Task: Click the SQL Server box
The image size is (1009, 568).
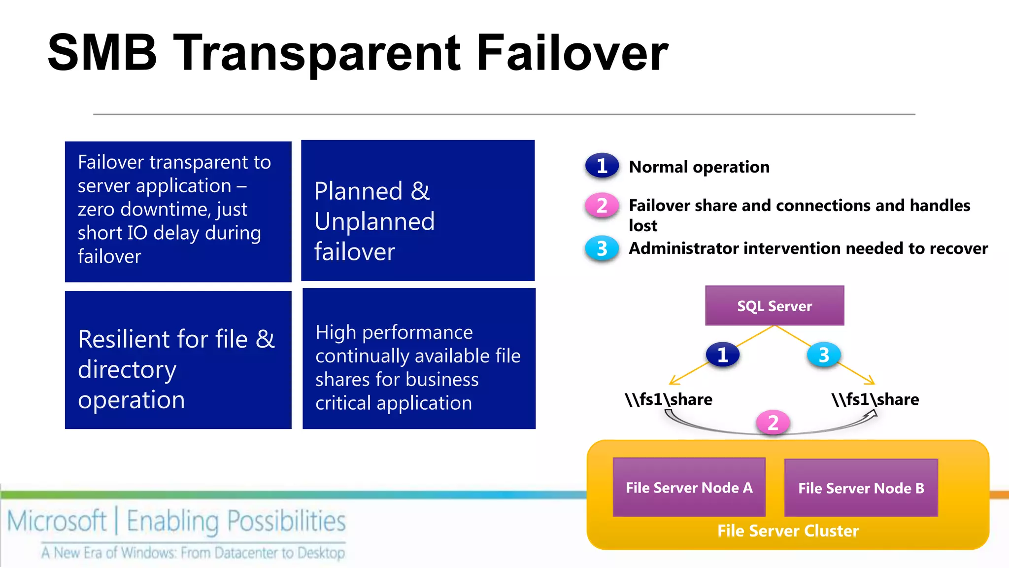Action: click(774, 306)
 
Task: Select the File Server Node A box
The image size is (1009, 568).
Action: click(689, 487)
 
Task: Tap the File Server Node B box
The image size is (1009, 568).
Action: click(861, 488)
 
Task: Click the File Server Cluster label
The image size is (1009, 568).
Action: click(788, 531)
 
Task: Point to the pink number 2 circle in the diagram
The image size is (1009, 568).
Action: click(773, 423)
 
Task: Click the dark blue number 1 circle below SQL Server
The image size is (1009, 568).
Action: click(722, 355)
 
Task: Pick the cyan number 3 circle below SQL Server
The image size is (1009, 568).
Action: click(824, 355)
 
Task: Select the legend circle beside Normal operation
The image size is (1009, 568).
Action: click(602, 166)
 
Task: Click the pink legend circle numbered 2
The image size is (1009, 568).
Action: click(602, 205)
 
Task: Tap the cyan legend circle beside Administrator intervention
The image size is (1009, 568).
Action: click(602, 248)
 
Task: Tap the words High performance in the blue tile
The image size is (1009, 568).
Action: click(394, 332)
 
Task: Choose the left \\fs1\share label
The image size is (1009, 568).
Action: click(669, 399)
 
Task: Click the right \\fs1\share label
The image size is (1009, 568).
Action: click(875, 399)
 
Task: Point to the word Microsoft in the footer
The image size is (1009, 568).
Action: click(57, 521)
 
